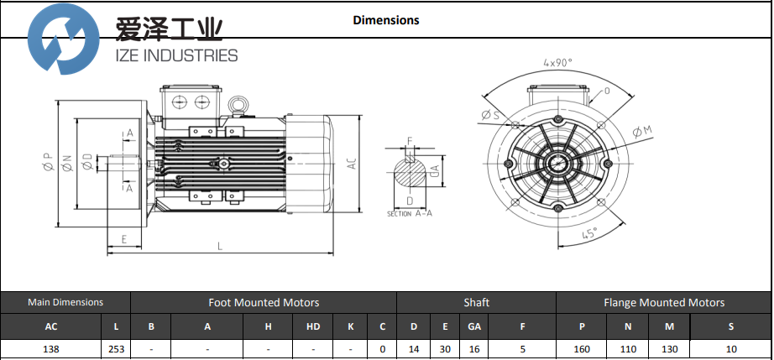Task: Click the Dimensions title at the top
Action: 385,20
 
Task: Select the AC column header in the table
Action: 51,326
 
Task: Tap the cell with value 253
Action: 116,349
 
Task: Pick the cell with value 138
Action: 51,349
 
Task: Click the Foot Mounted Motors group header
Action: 263,302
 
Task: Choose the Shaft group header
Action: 476,302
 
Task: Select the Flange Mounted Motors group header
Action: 663,302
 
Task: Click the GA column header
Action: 474,326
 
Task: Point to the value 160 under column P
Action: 582,349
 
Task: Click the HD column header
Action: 312,326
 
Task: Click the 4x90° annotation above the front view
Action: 557,63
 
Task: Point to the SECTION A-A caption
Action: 411,214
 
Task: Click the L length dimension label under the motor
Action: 220,246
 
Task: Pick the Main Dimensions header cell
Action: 65,302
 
